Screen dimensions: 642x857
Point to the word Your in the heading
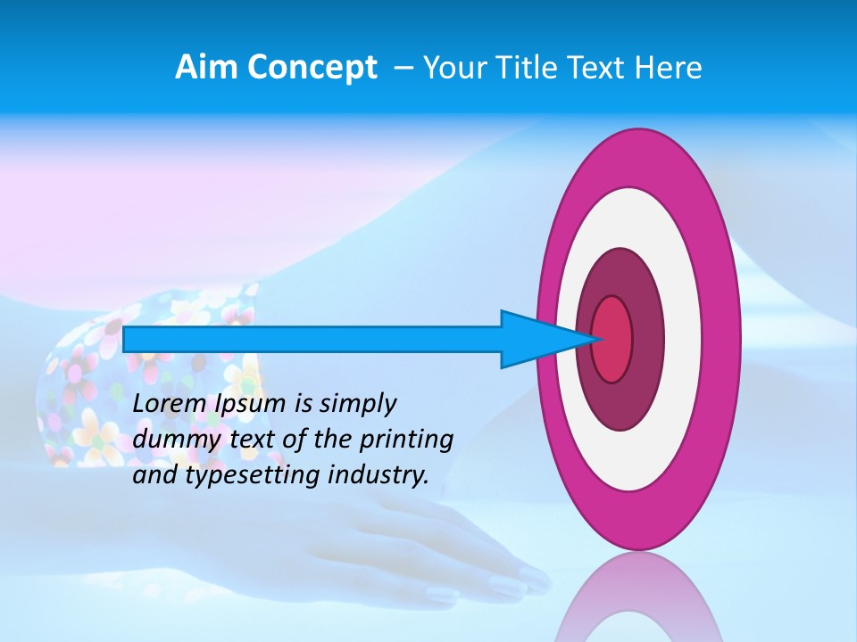(453, 68)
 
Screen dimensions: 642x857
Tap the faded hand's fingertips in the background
(527, 584)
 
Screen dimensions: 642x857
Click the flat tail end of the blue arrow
(125, 339)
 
